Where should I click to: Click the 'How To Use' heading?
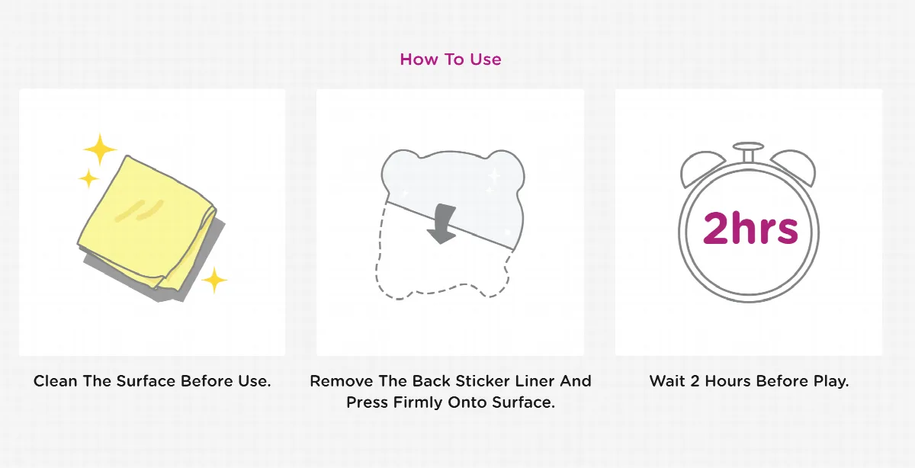(450, 59)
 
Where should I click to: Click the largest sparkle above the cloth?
(100, 149)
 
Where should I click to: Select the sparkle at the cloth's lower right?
(214, 280)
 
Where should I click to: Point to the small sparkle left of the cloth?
(88, 178)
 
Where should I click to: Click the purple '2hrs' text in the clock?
(750, 228)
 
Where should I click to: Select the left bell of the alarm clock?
(699, 168)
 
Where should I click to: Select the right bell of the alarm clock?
(795, 167)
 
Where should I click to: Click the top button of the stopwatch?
(748, 151)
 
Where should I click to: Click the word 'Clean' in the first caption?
(55, 381)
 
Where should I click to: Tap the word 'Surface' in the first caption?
(146, 381)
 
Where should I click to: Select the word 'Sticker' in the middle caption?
(483, 381)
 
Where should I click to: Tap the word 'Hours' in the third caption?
(728, 381)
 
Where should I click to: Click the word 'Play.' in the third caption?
(831, 381)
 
